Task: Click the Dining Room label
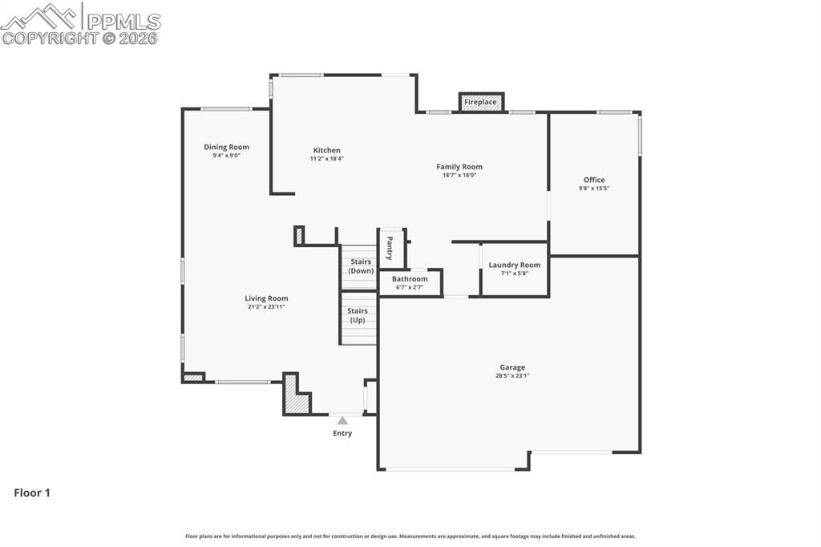[x=226, y=147]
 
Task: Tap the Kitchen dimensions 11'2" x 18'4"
[x=326, y=159]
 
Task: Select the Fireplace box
[x=481, y=102]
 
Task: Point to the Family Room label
[x=459, y=167]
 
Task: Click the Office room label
[x=594, y=180]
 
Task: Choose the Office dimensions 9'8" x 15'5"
[x=594, y=188]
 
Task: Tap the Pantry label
[x=390, y=248]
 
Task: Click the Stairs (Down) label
[x=360, y=266]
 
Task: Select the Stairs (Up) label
[x=358, y=315]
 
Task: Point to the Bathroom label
[x=410, y=279]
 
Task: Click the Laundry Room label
[x=515, y=265]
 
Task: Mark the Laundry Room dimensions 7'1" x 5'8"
[x=515, y=273]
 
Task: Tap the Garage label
[x=512, y=367]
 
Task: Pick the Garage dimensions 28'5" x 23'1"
[x=512, y=375]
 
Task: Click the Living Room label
[x=266, y=298]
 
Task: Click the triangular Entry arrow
[x=342, y=420]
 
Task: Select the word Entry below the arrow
[x=342, y=434]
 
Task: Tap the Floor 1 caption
[x=32, y=493]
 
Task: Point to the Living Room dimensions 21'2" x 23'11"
[x=266, y=307]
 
